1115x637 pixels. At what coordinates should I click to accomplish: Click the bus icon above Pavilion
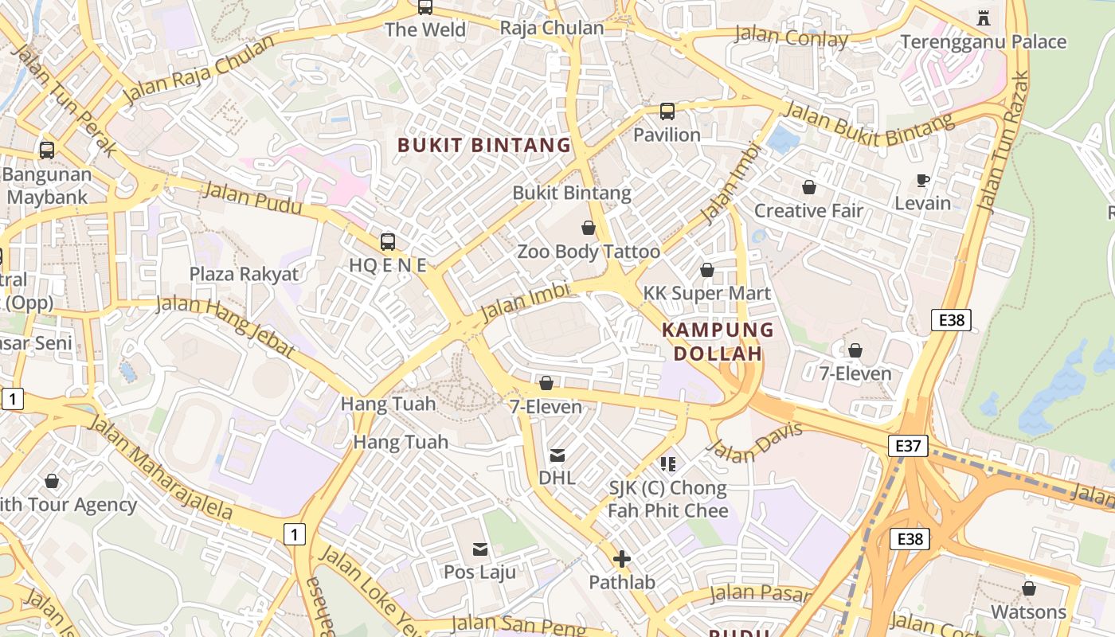[x=667, y=111]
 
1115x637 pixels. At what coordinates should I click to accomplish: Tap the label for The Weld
[x=425, y=29]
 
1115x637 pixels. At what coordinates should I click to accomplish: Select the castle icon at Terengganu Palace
[x=983, y=18]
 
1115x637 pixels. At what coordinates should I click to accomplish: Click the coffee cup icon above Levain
[x=923, y=180]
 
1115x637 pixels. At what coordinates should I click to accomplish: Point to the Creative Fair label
[x=808, y=211]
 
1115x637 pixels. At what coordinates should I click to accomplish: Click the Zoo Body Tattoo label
[x=589, y=252]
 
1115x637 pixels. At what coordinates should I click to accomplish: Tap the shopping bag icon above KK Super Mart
[x=706, y=271]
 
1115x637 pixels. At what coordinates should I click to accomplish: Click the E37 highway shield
[x=908, y=446]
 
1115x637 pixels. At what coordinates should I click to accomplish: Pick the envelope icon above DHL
[x=557, y=455]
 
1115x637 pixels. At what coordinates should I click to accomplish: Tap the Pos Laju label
[x=479, y=572]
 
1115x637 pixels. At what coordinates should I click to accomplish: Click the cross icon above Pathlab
[x=622, y=560]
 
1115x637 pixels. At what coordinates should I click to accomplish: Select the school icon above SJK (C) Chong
[x=667, y=463]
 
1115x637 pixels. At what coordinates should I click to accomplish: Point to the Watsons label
[x=1028, y=612]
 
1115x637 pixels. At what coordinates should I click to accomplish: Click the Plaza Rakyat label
[x=244, y=274]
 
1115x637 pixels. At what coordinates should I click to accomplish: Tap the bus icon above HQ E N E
[x=388, y=242]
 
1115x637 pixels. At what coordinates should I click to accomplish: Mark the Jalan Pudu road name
[x=252, y=197]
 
